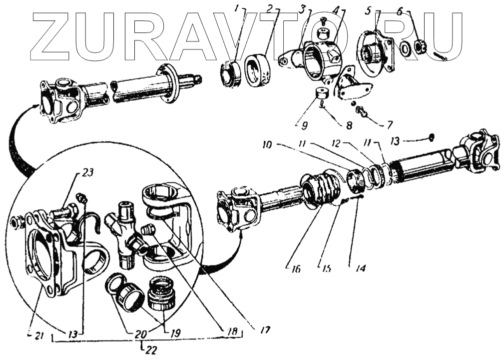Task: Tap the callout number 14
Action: [360, 268]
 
